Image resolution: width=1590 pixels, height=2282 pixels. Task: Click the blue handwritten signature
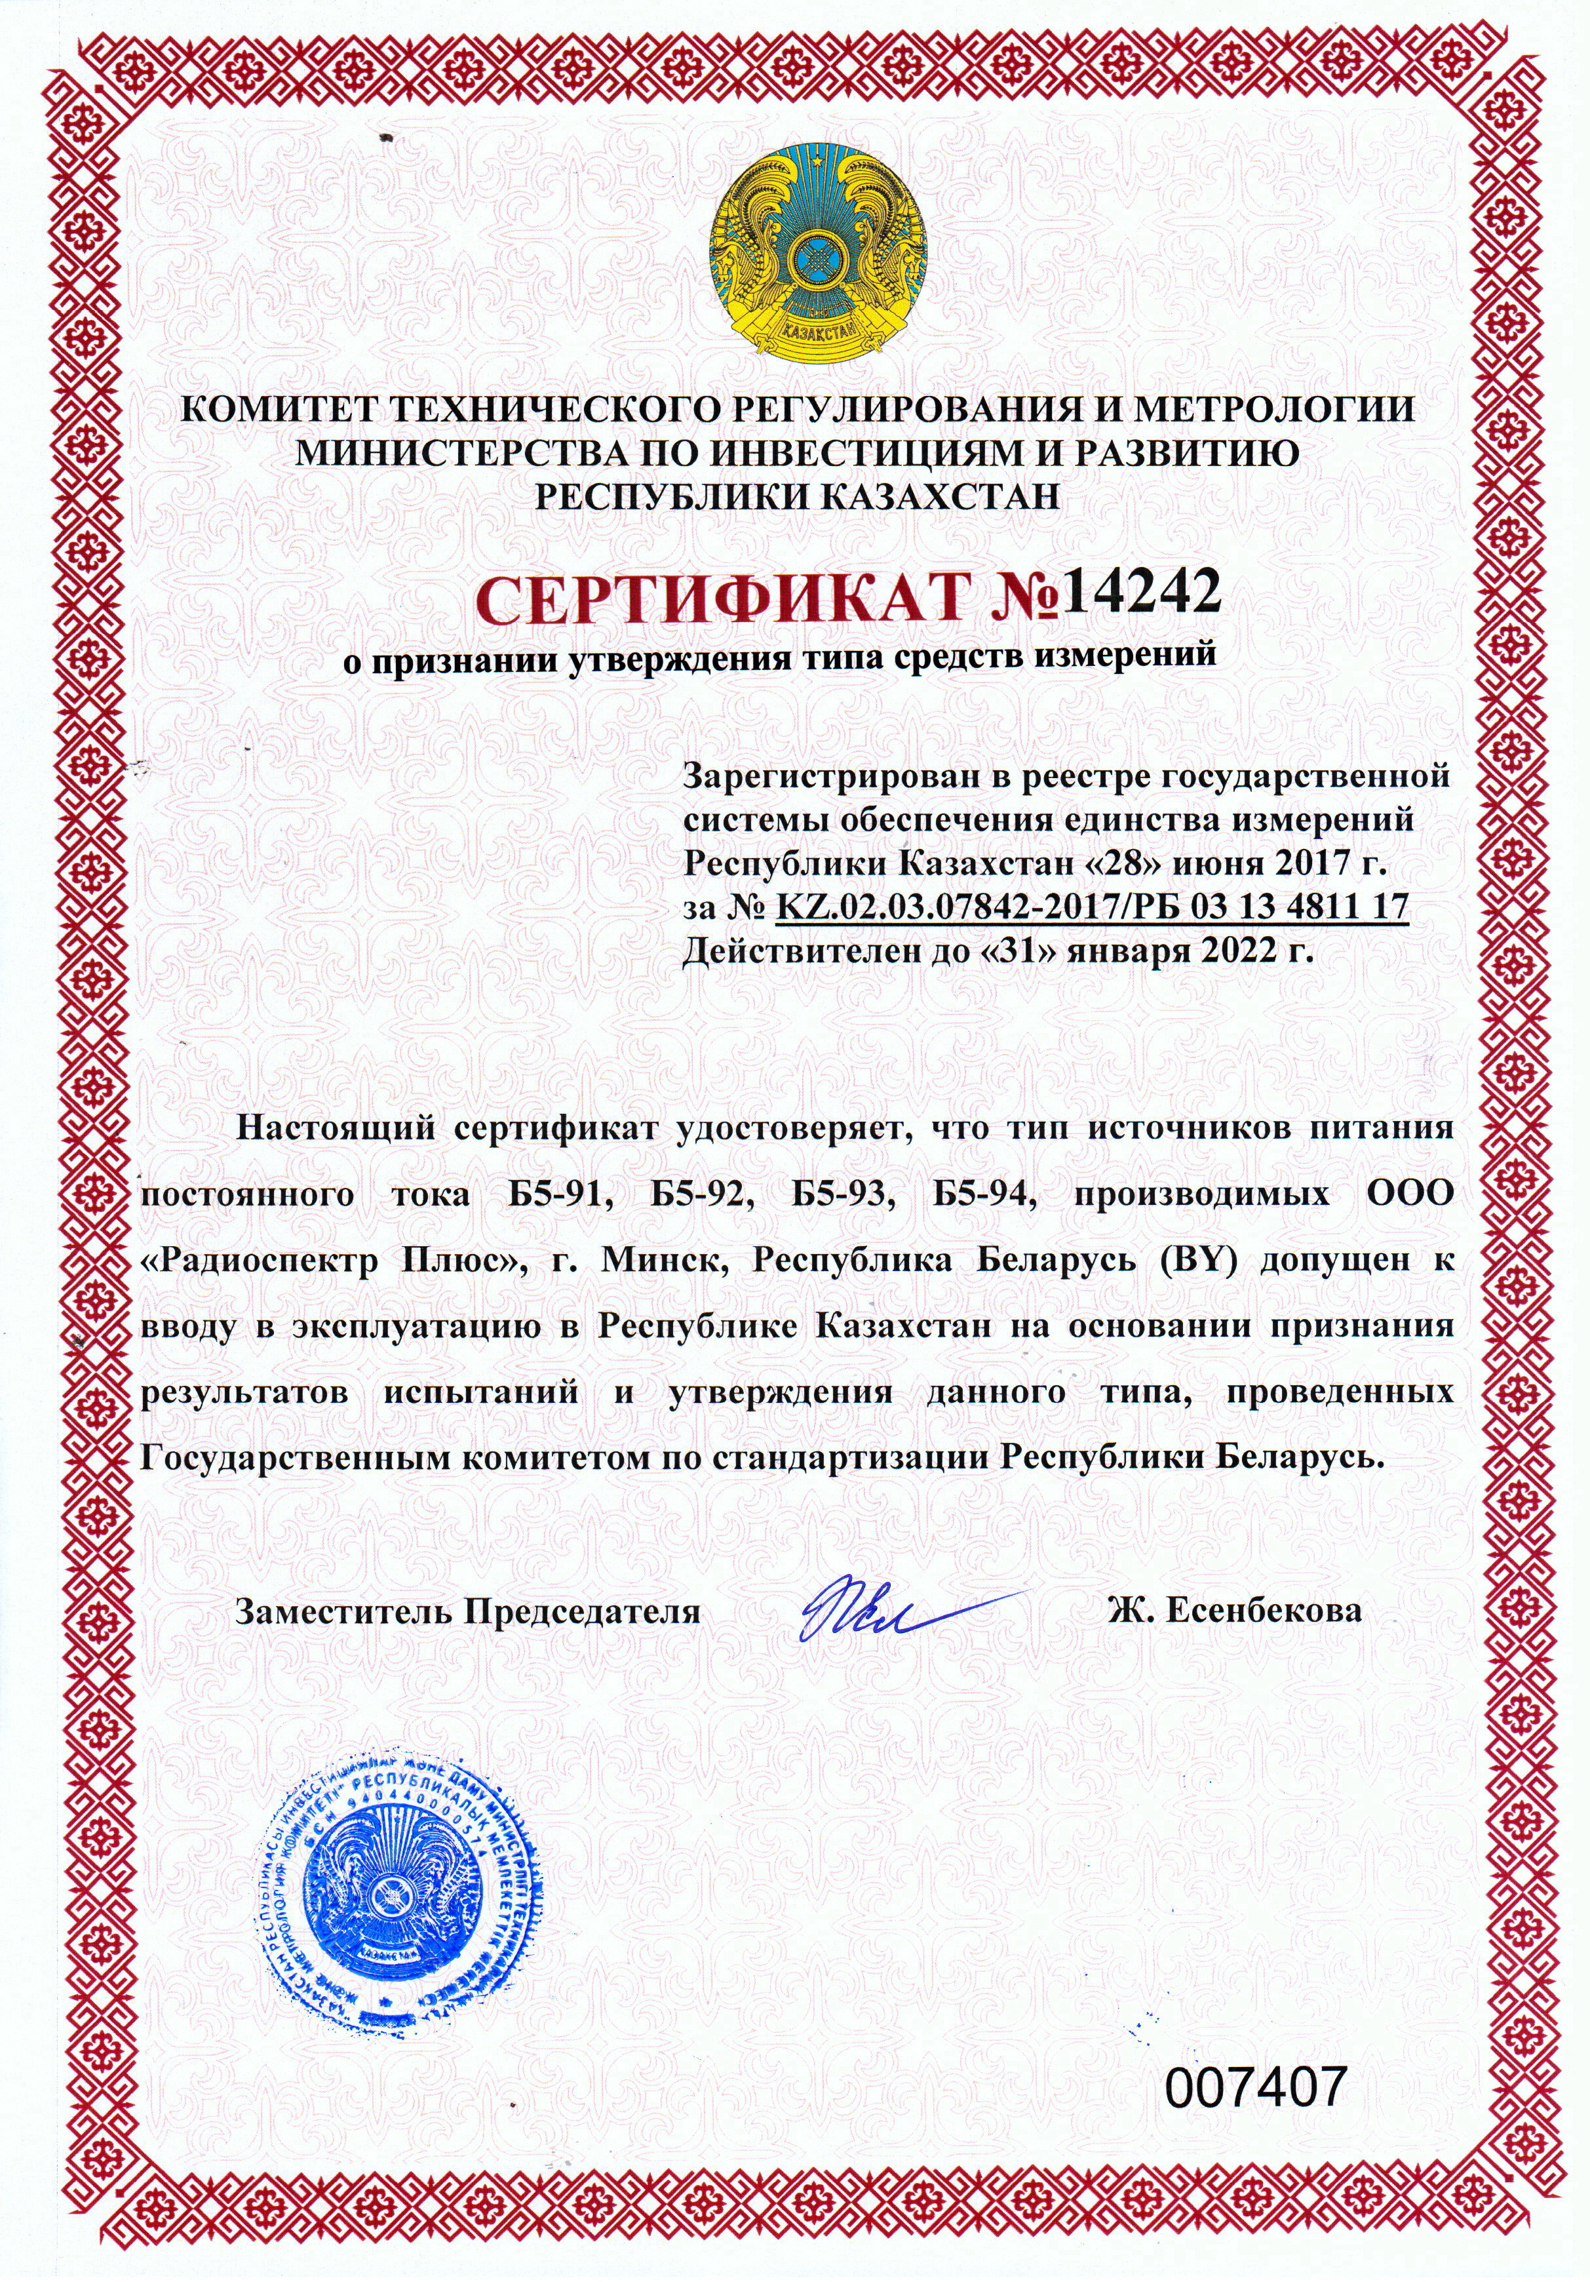click(895, 1609)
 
